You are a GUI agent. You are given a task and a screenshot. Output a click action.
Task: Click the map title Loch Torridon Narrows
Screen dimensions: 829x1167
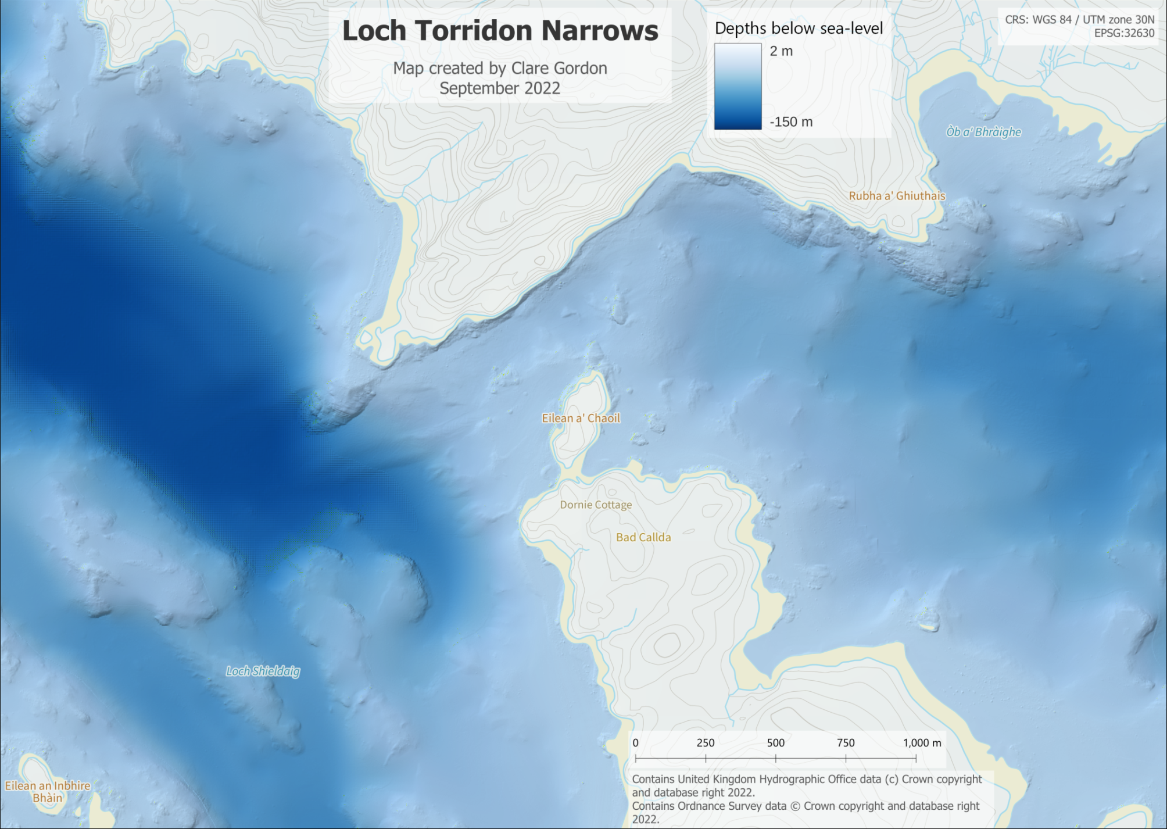point(500,31)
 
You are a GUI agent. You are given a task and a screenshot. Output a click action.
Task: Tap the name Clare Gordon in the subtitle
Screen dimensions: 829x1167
point(559,69)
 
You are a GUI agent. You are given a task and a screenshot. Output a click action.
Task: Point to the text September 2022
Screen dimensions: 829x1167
point(500,88)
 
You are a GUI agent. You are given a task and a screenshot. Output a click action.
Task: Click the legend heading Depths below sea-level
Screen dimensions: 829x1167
point(799,28)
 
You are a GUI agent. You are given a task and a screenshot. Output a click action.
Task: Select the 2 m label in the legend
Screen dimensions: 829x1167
point(781,51)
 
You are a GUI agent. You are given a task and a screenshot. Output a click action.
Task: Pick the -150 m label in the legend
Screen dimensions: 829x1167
point(791,122)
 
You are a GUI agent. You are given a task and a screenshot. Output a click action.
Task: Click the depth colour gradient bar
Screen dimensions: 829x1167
point(738,86)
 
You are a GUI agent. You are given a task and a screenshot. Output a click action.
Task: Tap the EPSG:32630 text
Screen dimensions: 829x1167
point(1124,33)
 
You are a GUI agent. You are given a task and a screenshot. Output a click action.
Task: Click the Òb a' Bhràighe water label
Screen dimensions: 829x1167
point(983,132)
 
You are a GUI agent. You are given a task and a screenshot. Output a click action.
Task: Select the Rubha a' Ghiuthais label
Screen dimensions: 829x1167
point(897,196)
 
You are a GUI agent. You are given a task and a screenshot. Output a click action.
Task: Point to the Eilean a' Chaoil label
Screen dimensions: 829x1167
point(581,418)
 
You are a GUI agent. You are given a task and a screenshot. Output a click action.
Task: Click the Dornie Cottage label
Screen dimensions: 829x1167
point(596,505)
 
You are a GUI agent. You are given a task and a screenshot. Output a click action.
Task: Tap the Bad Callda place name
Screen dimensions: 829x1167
point(643,537)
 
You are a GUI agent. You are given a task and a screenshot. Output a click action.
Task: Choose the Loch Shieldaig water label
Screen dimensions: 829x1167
point(263,671)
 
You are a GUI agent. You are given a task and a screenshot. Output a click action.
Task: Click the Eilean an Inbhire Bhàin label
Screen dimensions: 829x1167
point(48,792)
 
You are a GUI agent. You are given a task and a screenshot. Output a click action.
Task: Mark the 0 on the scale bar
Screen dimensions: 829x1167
point(636,743)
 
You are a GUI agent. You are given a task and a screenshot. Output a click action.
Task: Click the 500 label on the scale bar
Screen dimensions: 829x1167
point(776,743)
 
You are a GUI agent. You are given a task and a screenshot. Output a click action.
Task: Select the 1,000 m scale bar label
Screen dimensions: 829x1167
point(922,743)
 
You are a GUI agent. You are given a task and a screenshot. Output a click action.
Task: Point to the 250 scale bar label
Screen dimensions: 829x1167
point(706,743)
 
